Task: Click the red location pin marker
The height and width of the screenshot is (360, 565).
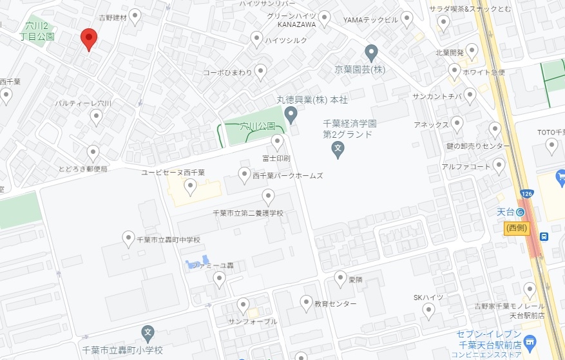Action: pyautogui.click(x=88, y=39)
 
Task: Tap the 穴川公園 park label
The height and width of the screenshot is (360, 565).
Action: pyautogui.click(x=257, y=126)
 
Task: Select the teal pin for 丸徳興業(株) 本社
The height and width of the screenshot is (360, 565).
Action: pyautogui.click(x=291, y=115)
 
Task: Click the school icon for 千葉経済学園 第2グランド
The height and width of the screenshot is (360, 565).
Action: pyautogui.click(x=337, y=151)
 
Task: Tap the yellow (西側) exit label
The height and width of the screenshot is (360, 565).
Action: pyautogui.click(x=517, y=227)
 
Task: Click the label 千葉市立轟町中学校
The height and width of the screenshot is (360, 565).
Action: pyautogui.click(x=169, y=240)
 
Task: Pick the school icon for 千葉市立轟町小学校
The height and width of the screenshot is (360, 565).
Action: pyautogui.click(x=148, y=334)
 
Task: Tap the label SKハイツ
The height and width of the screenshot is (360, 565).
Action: pyautogui.click(x=428, y=298)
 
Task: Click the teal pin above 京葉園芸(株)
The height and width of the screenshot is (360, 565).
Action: pyautogui.click(x=370, y=51)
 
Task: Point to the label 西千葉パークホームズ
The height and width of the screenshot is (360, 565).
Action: pyautogui.click(x=287, y=175)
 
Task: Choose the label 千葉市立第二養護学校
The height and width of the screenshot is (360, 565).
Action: pyautogui.click(x=247, y=213)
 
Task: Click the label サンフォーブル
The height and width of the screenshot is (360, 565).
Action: pyautogui.click(x=252, y=321)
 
